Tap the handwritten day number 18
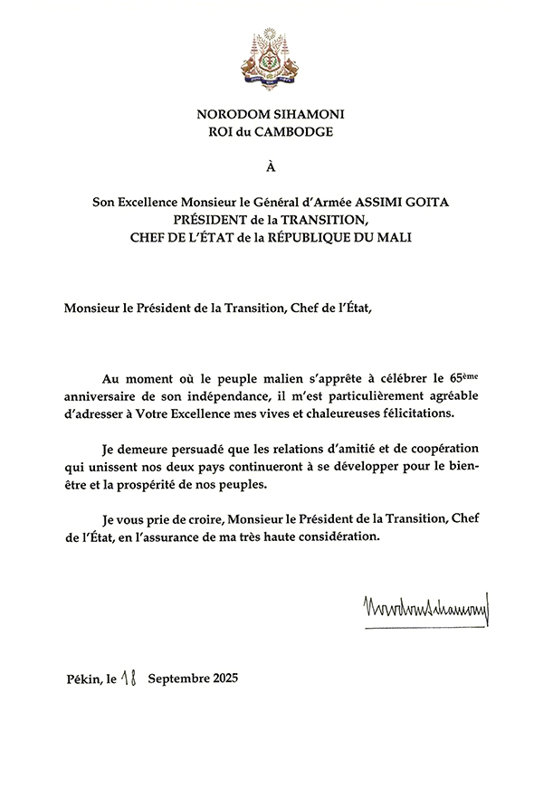(129, 678)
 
